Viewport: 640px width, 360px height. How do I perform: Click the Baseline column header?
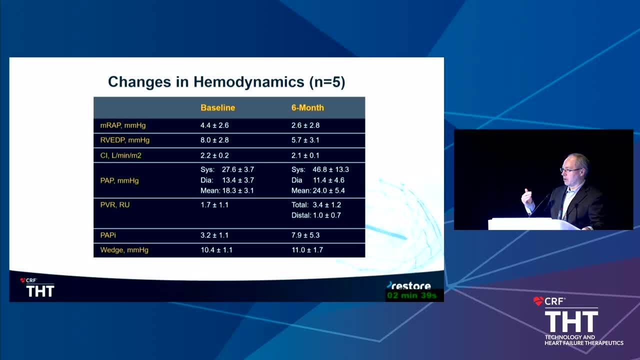217,107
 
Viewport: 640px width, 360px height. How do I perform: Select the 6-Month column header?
307,107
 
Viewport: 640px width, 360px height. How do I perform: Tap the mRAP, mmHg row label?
123,125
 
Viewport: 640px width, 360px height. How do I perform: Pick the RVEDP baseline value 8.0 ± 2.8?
214,140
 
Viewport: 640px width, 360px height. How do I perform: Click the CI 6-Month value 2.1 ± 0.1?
305,155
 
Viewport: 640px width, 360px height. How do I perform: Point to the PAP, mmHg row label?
119,180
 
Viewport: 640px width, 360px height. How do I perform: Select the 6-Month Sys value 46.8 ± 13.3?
330,169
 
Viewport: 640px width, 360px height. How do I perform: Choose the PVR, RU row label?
115,205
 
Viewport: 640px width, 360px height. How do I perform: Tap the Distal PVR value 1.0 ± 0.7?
327,215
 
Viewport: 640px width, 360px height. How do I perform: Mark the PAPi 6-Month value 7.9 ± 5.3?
305,235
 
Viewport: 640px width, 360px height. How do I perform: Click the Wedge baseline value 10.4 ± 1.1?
216,250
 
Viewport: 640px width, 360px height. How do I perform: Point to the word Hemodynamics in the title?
249,82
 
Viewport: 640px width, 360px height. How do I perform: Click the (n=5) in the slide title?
327,82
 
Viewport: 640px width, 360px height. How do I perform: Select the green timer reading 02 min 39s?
412,295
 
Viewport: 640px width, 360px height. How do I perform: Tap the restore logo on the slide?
409,285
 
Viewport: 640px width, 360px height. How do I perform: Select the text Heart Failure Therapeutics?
583,343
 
